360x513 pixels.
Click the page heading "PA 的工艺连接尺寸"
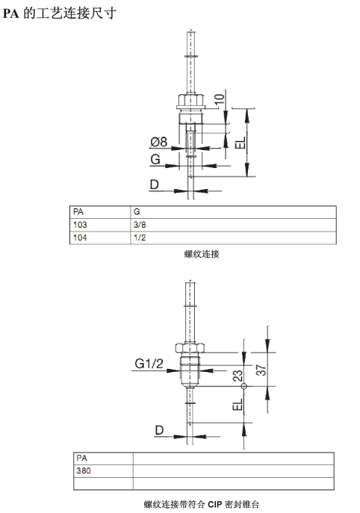tap(60, 13)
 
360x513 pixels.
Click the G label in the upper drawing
tap(155, 160)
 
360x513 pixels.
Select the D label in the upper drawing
tap(155, 184)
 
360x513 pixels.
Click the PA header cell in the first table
tap(80, 211)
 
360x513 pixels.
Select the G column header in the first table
tap(137, 211)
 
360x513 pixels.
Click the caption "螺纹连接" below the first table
tap(202, 255)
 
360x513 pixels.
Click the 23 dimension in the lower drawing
tap(238, 376)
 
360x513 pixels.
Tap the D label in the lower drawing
tap(158, 430)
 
